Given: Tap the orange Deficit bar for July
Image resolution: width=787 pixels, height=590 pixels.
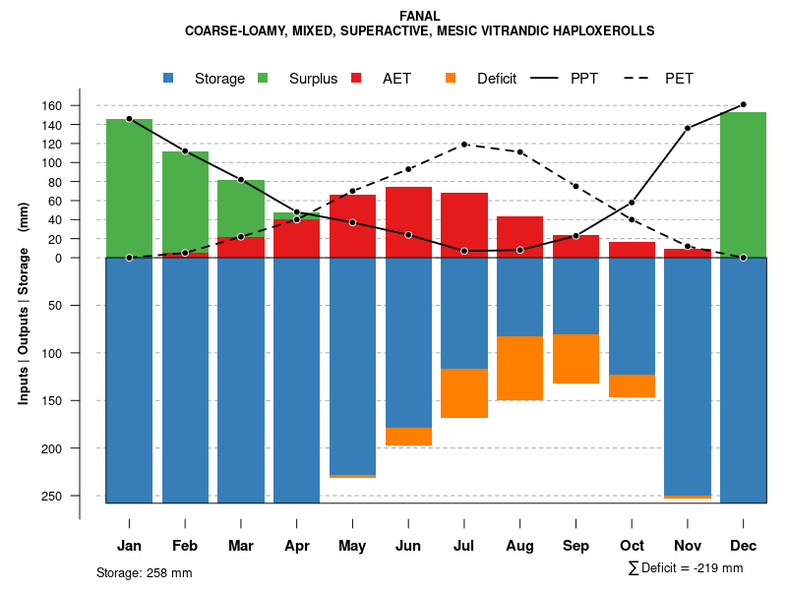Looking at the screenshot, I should pyautogui.click(x=464, y=393).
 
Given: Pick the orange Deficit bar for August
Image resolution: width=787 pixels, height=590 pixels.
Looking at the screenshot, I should pyautogui.click(x=520, y=368).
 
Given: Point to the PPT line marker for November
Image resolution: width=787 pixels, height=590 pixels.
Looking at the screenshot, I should pyautogui.click(x=688, y=128).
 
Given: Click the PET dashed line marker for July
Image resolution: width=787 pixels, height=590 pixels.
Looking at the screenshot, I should pyautogui.click(x=464, y=145).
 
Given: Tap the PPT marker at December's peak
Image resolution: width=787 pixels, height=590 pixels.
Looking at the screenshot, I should pyautogui.click(x=743, y=104).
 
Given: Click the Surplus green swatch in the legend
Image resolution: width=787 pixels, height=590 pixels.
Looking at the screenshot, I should pyautogui.click(x=263, y=78).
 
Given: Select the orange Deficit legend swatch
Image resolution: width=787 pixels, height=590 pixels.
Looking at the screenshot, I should pyautogui.click(x=451, y=78).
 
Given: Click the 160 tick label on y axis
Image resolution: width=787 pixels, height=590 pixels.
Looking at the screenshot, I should pyautogui.click(x=80, y=105).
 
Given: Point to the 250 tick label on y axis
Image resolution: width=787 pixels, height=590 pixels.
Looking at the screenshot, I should pyautogui.click(x=80, y=496).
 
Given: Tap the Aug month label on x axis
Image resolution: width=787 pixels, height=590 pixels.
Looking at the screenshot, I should pyautogui.click(x=520, y=546).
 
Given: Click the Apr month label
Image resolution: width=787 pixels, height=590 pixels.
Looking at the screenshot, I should pyautogui.click(x=297, y=546).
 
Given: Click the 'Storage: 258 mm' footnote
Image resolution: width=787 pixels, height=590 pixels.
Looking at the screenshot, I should pyautogui.click(x=145, y=572).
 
